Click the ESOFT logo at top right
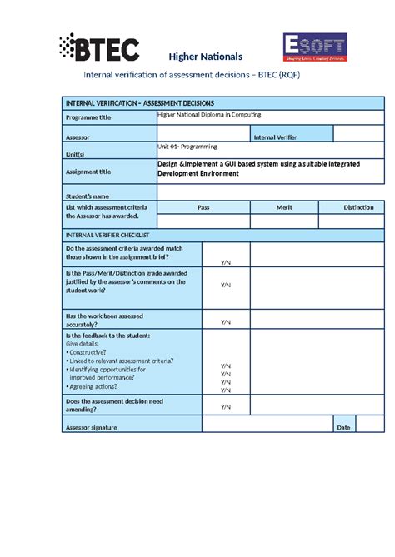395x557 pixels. click(x=315, y=49)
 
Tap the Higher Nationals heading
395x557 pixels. click(x=206, y=57)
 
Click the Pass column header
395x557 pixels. click(x=203, y=207)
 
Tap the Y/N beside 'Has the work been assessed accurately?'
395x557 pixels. click(x=225, y=321)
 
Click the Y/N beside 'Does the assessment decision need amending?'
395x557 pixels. click(x=225, y=406)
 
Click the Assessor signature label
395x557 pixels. click(x=92, y=427)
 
